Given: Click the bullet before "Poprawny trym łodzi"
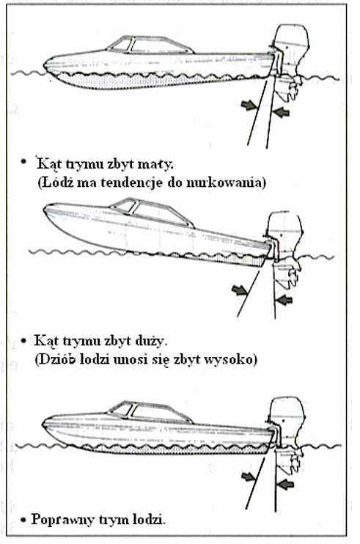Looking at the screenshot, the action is (x=23, y=520).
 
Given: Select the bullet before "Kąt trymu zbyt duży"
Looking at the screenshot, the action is (x=23, y=341).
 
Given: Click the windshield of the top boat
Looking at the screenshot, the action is (x=120, y=45).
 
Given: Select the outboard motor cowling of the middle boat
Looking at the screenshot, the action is (x=284, y=227).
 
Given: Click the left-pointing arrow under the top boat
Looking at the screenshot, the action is (x=282, y=111).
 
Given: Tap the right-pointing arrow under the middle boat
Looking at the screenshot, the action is (x=239, y=290).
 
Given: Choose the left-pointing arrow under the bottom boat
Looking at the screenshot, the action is (x=285, y=485).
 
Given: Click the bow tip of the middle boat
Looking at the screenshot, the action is (x=44, y=209).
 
